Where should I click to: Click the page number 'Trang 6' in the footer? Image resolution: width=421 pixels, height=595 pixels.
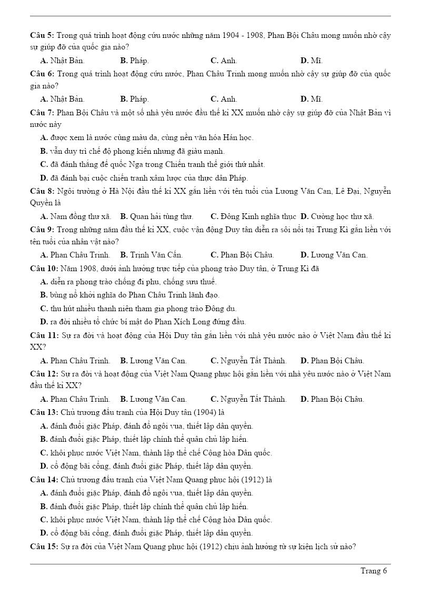click(x=374, y=571)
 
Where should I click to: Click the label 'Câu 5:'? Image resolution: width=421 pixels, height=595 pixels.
click(x=42, y=35)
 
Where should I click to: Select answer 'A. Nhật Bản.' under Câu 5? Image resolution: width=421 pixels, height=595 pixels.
click(x=62, y=61)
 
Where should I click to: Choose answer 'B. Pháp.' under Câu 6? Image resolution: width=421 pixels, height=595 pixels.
click(x=134, y=99)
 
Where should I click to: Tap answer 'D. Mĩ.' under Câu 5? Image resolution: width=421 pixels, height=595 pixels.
click(x=311, y=61)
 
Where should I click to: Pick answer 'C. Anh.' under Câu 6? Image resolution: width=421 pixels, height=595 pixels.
click(x=224, y=99)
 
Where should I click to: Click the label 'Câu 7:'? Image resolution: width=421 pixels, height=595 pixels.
click(x=42, y=113)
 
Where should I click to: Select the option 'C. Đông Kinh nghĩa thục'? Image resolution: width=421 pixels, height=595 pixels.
click(x=253, y=216)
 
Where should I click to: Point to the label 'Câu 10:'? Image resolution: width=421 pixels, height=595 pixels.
click(x=44, y=269)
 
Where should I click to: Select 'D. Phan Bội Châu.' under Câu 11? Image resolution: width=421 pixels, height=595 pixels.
click(x=332, y=361)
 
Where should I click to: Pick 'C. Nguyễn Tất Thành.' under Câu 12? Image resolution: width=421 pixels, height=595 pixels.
click(x=248, y=399)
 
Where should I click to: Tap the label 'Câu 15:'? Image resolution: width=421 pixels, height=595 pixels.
click(x=44, y=547)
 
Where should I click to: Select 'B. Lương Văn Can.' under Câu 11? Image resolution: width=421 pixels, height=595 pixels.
click(x=153, y=361)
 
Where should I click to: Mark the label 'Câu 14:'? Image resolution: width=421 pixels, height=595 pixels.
click(x=44, y=480)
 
